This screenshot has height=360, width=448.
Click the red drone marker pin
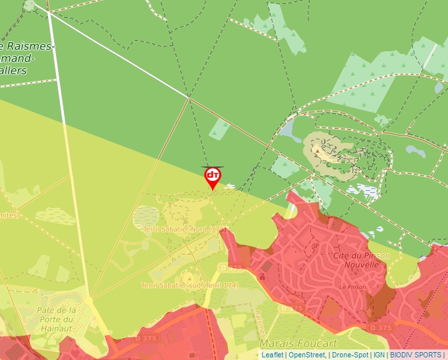213,177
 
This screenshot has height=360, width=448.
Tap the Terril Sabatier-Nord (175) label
185,230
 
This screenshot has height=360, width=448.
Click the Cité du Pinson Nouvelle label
361,260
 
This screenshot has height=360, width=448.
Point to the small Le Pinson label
352,288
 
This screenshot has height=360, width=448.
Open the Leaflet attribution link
272,355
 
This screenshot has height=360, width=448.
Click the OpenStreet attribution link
308,355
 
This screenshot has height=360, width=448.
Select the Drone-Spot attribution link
350,355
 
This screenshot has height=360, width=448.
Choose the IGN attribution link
379,355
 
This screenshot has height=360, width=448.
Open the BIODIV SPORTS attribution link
416,355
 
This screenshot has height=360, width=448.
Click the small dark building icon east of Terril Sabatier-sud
262,277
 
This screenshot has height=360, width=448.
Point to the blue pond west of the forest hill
290,129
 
